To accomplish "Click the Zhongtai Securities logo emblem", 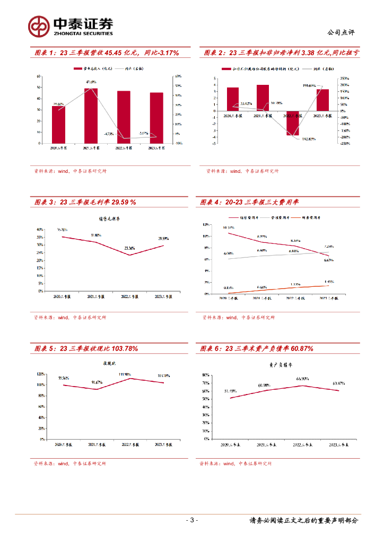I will click(x=39, y=25).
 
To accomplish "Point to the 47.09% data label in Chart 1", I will click(x=91, y=82).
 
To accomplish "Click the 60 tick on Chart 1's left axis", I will click(x=38, y=76).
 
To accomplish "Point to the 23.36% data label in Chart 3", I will click(x=129, y=248).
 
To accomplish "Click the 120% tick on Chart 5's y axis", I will click(x=40, y=373).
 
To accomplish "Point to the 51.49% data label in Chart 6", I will click(x=230, y=391).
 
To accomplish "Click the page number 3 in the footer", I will click(x=193, y=520).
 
